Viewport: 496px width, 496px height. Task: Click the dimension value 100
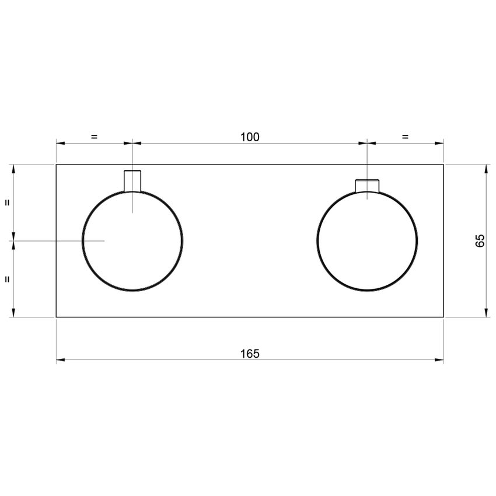[x=250, y=137]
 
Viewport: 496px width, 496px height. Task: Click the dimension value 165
[x=250, y=353]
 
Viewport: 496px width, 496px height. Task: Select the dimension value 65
[x=480, y=240]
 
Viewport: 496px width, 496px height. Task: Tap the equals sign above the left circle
[x=95, y=137]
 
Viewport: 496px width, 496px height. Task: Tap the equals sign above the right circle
[x=405, y=137]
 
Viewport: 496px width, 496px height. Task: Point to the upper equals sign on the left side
[x=7, y=202]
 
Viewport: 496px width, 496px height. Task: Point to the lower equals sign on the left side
[x=7, y=279]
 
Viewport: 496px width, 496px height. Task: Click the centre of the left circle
[x=132, y=240]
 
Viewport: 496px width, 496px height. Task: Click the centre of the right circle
[x=367, y=240]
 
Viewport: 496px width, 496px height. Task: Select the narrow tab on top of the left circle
[x=132, y=180]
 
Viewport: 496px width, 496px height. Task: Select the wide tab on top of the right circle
[x=368, y=185]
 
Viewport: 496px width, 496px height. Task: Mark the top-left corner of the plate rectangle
[x=57, y=165]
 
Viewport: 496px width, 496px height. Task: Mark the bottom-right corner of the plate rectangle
[x=443, y=317]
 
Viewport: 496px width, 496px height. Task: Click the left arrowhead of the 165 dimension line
[x=60, y=360]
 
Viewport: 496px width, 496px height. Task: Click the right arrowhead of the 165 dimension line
[x=440, y=360]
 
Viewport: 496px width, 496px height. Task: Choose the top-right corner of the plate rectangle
[x=443, y=165]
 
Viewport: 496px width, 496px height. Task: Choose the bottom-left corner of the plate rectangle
[x=57, y=317]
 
